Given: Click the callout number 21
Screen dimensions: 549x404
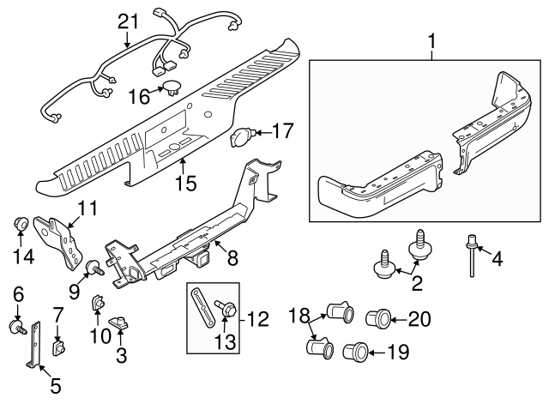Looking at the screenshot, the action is click(128, 21).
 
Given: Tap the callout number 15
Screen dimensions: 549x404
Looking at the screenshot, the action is click(186, 183).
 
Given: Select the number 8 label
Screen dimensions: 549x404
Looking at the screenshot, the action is click(232, 258).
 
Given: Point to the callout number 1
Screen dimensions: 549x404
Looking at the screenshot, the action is click(432, 41).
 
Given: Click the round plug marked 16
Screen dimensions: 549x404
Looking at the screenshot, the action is click(172, 87).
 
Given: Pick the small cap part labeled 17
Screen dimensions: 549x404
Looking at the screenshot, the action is click(240, 137).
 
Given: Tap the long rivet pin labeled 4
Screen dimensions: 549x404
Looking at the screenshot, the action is click(472, 256).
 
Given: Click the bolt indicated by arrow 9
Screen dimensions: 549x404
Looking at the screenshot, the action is click(95, 268).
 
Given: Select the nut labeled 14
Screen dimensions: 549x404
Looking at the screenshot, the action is click(21, 224).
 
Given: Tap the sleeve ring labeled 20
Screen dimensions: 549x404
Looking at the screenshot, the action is click(378, 318).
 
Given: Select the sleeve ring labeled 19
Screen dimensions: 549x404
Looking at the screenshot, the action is click(355, 352).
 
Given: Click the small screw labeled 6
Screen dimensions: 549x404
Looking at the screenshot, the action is click(17, 327).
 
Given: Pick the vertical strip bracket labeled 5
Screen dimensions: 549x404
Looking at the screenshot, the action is click(34, 345).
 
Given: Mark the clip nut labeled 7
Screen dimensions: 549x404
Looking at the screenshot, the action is click(58, 347).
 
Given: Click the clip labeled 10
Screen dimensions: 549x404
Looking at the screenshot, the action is click(98, 302).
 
